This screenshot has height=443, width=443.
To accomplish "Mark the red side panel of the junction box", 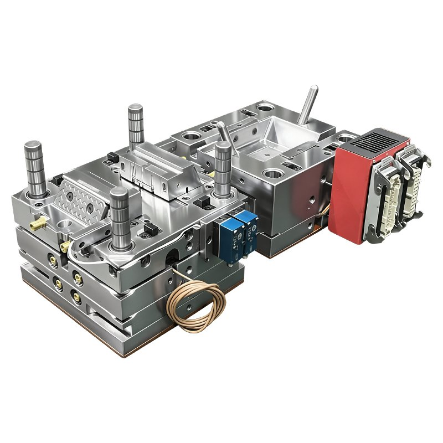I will pos(346,194).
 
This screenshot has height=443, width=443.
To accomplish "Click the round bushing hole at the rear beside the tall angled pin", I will pos(265,106).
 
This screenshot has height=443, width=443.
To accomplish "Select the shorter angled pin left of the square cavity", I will pos(223,133).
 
